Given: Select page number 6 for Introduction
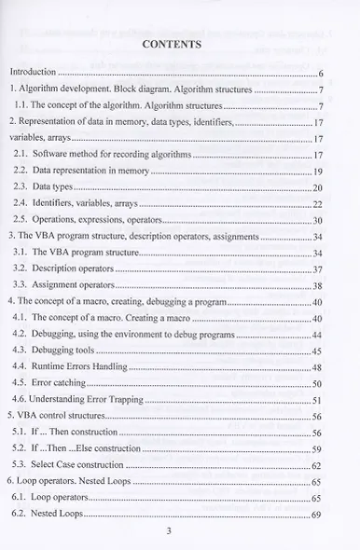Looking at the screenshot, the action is point(319,72).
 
